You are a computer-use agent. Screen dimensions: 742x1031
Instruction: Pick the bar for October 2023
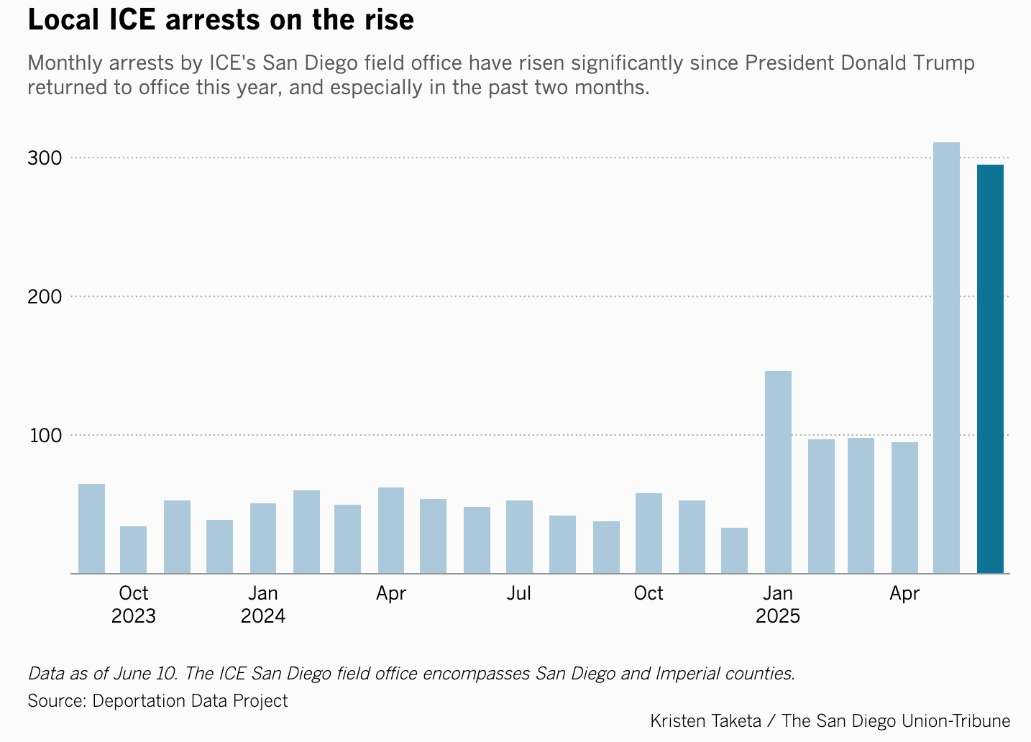pyautogui.click(x=133, y=550)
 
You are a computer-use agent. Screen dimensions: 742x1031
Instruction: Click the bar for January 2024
pyautogui.click(x=263, y=539)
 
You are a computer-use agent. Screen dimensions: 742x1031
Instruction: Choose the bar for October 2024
pyautogui.click(x=649, y=533)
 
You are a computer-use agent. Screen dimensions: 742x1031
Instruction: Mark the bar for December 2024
pyautogui.click(x=734, y=551)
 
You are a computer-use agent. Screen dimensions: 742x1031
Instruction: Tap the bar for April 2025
pyautogui.click(x=904, y=508)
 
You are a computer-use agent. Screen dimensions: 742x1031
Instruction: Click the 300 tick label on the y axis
pyautogui.click(x=45, y=158)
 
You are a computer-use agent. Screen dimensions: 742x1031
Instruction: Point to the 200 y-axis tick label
pyautogui.click(x=45, y=297)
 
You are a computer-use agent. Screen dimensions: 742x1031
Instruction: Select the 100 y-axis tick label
pyautogui.click(x=45, y=436)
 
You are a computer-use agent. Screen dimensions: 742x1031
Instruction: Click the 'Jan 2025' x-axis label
pyautogui.click(x=778, y=605)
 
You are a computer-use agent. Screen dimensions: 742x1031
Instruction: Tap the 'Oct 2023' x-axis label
pyautogui.click(x=133, y=605)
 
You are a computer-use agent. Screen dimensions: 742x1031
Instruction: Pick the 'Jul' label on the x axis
pyautogui.click(x=518, y=594)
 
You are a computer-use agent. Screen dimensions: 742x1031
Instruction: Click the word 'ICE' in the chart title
pyautogui.click(x=133, y=20)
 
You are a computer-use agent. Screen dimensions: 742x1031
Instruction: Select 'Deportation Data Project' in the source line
pyautogui.click(x=190, y=701)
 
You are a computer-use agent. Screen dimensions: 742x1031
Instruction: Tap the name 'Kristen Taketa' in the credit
pyautogui.click(x=705, y=721)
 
